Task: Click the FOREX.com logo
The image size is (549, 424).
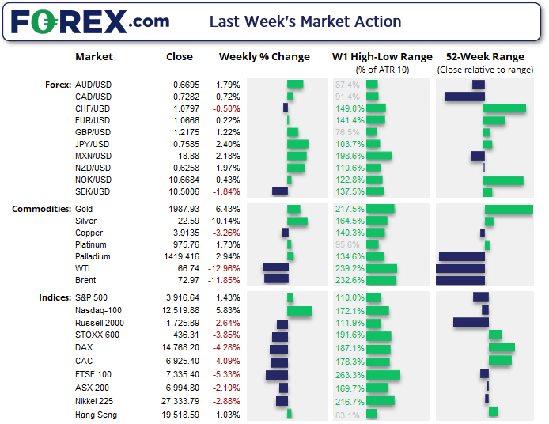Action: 90,21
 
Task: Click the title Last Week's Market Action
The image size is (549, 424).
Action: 305,22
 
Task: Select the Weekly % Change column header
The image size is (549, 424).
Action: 263,57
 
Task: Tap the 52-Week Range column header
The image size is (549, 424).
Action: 485,57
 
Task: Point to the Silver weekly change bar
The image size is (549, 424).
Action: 297,221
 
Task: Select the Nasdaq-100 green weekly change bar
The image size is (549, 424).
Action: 300,311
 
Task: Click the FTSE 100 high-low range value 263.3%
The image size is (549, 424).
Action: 349,375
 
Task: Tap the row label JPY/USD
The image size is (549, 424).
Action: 93,144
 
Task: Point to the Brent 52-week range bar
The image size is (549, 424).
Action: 460,280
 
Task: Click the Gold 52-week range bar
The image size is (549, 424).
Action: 509,210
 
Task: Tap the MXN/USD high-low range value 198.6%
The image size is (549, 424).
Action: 349,156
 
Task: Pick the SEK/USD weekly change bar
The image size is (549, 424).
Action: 280,191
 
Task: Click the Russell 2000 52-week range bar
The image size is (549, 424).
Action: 469,323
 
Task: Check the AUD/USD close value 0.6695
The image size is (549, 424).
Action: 189,85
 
